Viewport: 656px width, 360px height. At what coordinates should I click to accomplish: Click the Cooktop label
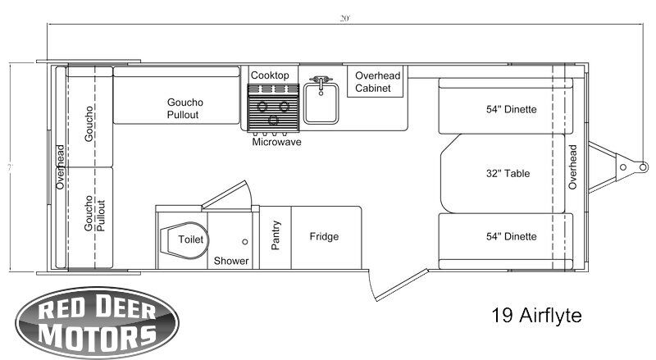[x=270, y=75]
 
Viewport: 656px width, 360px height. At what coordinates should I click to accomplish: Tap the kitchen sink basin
[x=321, y=103]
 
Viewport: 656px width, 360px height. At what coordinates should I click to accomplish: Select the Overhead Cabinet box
[x=376, y=81]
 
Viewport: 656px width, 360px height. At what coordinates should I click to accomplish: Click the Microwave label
[x=276, y=142]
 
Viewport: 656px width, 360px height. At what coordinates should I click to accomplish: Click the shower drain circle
[x=244, y=242]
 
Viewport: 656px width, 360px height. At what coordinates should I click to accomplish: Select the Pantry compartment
[x=276, y=237]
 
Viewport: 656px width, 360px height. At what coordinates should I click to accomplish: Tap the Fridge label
[x=324, y=236]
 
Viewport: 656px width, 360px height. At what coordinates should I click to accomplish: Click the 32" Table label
[x=508, y=173]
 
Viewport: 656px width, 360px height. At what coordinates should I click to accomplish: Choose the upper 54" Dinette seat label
[x=511, y=109]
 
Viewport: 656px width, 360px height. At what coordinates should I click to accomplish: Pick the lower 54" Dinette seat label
[x=511, y=236]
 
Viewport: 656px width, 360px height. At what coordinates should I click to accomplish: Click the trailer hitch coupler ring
[x=643, y=167]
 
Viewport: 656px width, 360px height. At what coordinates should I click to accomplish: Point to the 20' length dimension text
[x=344, y=18]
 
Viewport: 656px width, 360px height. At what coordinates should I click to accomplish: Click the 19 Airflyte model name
[x=536, y=315]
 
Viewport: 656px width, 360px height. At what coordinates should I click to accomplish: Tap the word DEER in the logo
[x=125, y=308]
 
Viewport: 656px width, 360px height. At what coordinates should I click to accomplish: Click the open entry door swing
[x=401, y=285]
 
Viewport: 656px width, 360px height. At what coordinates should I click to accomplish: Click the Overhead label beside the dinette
[x=572, y=167]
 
